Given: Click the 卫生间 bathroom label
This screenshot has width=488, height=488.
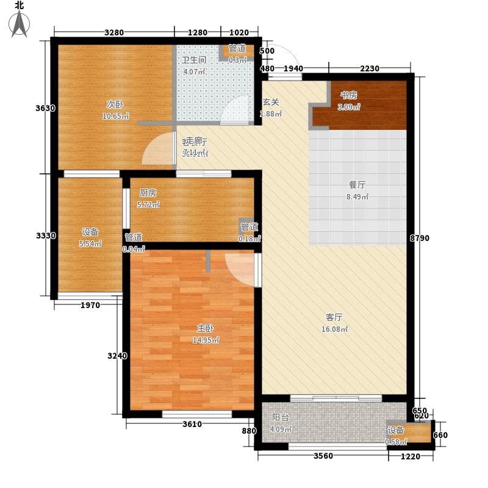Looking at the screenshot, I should pos(194,60).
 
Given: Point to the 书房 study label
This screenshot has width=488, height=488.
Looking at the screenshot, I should pos(348,95).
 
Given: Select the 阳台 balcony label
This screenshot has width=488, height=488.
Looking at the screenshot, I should pos(281,418).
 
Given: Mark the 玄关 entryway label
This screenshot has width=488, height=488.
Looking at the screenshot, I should pos(271,102).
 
